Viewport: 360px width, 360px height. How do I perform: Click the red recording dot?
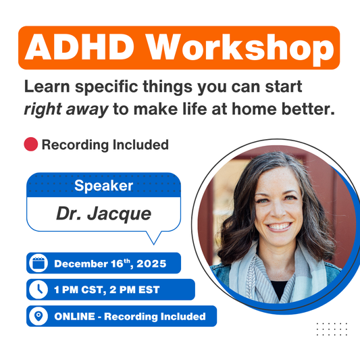30,145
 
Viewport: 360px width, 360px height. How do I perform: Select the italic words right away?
66,109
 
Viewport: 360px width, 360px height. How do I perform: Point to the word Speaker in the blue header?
103,186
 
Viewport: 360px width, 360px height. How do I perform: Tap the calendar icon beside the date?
38,263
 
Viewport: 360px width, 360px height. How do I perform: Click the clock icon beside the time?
38,290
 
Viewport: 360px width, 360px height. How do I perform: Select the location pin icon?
38,316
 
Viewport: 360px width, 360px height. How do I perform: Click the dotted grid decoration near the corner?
332,329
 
